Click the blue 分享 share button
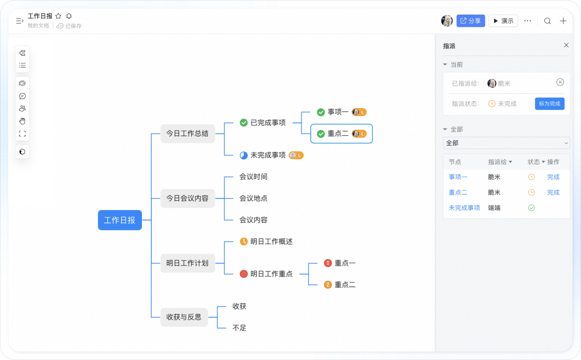coord(471,21)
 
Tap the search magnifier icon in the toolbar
coord(548,21)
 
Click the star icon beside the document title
coord(58,16)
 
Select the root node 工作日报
coord(120,220)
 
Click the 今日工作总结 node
coord(188,133)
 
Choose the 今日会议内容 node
coord(188,198)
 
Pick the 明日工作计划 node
coord(188,263)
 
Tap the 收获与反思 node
coord(184,317)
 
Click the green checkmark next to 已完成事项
coord(243,123)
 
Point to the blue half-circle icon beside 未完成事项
coord(243,155)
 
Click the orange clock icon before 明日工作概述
coord(243,242)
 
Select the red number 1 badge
coord(328,263)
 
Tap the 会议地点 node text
coord(253,198)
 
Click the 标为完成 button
coord(550,104)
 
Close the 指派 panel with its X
coord(566,45)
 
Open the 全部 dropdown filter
coord(506,143)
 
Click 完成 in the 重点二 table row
coord(553,192)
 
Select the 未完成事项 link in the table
coord(464,208)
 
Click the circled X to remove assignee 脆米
coord(560,82)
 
